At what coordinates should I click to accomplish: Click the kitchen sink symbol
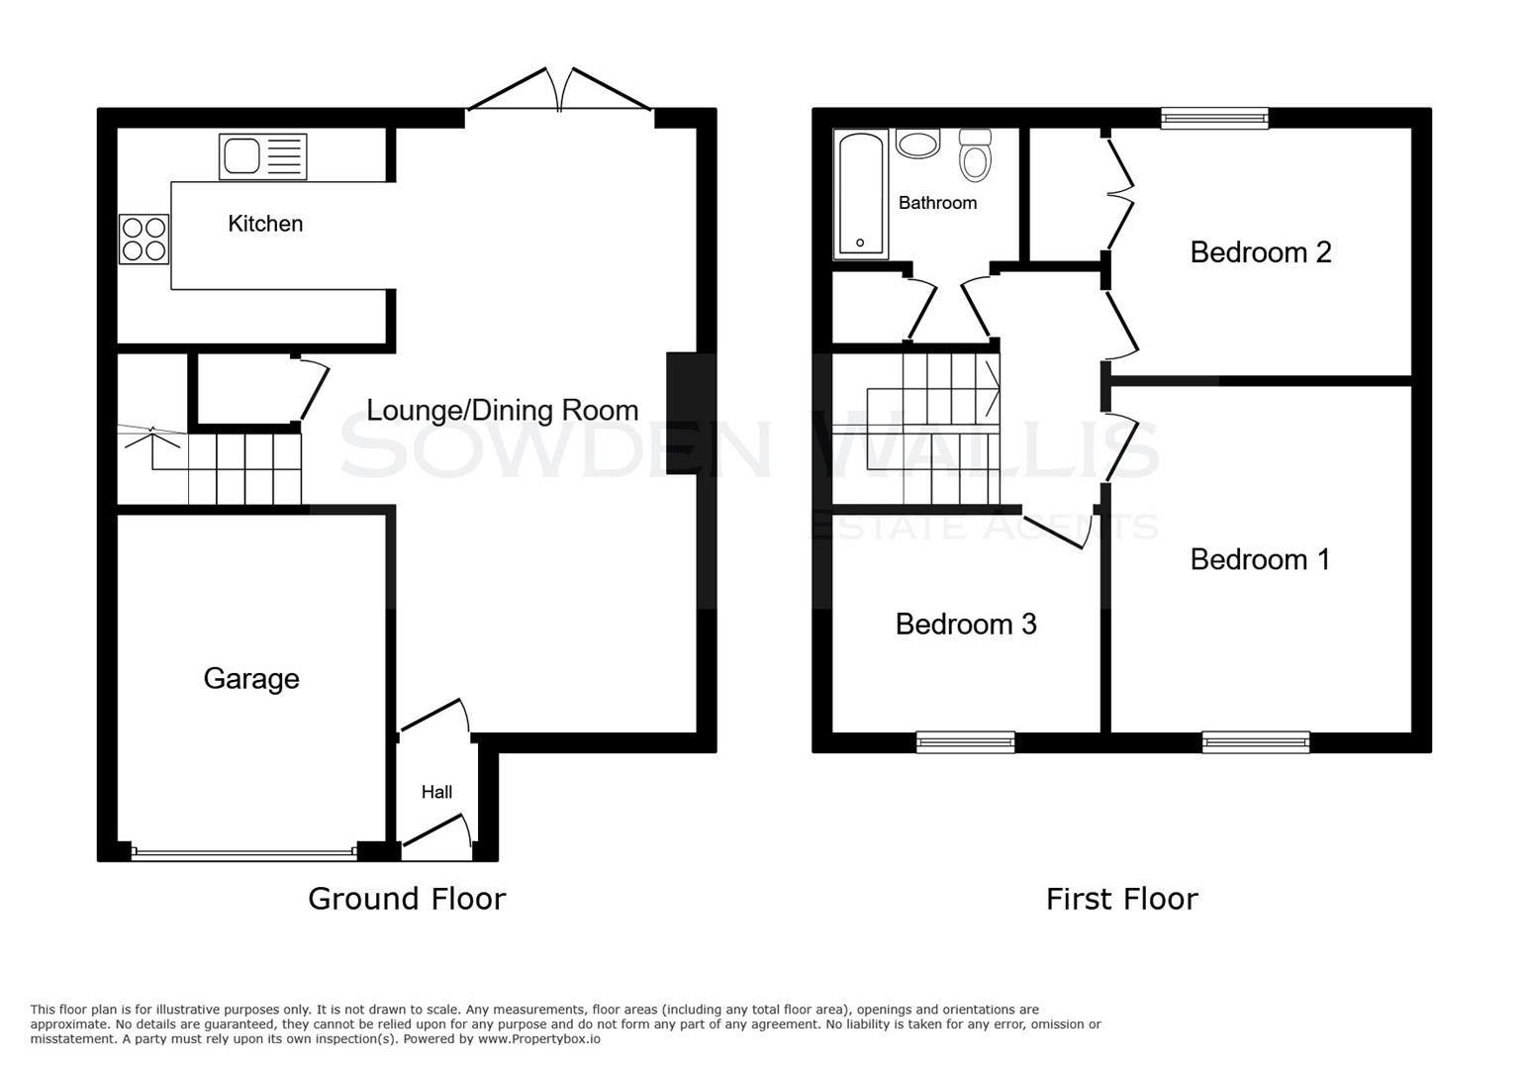262,156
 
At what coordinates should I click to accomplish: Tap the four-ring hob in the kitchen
144,239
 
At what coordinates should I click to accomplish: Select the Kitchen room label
265,224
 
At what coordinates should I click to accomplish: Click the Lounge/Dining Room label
502,410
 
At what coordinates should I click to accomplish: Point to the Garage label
251,678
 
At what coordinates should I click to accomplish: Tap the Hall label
436,792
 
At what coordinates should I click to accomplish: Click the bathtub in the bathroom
860,194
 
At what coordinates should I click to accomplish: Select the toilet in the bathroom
975,155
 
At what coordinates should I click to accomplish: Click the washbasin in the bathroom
918,145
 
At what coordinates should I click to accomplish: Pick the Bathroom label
937,203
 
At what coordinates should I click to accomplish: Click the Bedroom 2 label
1260,252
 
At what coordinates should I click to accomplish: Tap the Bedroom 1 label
1260,559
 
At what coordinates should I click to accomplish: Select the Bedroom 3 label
966,624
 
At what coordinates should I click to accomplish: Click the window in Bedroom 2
1214,119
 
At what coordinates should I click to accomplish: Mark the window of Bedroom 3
965,741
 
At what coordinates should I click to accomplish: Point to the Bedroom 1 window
1256,741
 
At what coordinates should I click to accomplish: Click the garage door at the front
243,851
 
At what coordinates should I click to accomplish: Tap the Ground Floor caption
407,899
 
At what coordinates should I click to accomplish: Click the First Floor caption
1121,899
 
